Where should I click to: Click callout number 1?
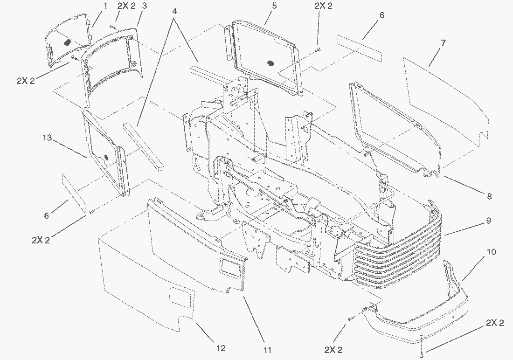105,6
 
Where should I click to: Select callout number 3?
145,6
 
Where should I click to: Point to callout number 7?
443,43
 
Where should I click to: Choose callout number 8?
489,197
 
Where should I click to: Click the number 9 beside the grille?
488,221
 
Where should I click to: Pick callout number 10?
491,252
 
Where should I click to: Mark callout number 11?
267,349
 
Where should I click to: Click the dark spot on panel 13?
105,157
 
